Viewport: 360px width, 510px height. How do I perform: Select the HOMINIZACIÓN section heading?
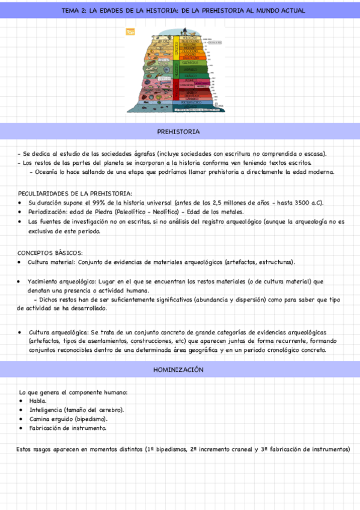pos(178,369)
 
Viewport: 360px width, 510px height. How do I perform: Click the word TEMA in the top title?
pos(73,11)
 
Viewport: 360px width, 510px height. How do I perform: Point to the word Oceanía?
pos(47,172)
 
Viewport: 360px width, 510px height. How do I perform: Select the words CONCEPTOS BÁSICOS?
pos(50,253)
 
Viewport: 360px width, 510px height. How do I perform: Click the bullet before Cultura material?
pos(22,263)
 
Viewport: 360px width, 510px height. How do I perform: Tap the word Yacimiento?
pos(47,281)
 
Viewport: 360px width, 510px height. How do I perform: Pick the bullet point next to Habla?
pos(22,401)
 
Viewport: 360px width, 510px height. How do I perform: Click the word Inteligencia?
pos(47,410)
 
